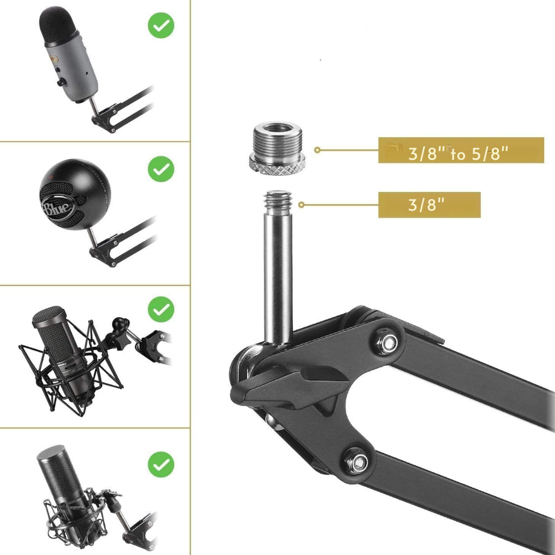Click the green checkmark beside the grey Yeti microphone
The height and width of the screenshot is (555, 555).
click(161, 25)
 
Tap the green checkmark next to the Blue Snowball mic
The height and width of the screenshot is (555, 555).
click(161, 169)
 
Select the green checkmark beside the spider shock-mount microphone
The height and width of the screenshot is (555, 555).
click(161, 309)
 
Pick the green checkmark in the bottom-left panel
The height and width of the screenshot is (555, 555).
click(161, 465)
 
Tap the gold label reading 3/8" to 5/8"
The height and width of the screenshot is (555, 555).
click(461, 150)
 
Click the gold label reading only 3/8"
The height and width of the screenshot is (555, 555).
click(429, 205)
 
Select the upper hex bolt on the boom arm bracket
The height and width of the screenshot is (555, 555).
click(388, 342)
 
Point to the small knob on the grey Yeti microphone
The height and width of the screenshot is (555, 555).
click(61, 82)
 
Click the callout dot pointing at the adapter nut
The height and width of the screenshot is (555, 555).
click(318, 150)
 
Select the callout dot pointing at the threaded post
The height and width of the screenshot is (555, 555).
click(301, 205)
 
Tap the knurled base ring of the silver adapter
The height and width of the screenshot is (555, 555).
click(278, 164)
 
